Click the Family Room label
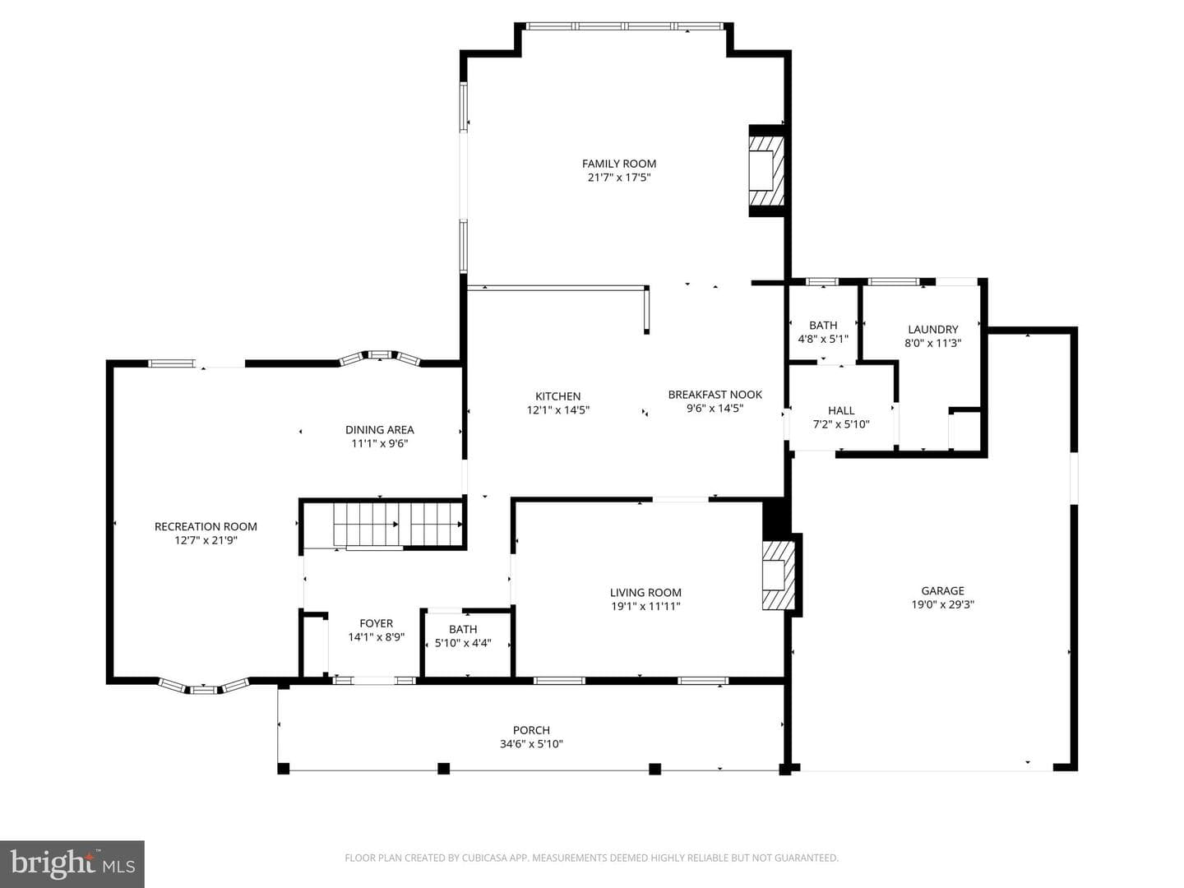[x=618, y=164]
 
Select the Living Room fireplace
[x=778, y=576]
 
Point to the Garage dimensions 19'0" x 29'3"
[x=942, y=604]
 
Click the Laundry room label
[x=932, y=329]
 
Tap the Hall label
[x=841, y=410]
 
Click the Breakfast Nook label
[x=715, y=394]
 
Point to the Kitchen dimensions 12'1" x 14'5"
[x=557, y=409]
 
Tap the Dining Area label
[x=379, y=430]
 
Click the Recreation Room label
[x=206, y=526]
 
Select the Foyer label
[x=376, y=623]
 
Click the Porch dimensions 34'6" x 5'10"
[x=531, y=744]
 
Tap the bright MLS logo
[x=72, y=863]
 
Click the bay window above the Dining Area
[x=380, y=357]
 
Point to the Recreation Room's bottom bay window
[x=204, y=686]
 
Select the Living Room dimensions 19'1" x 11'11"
[x=645, y=606]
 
